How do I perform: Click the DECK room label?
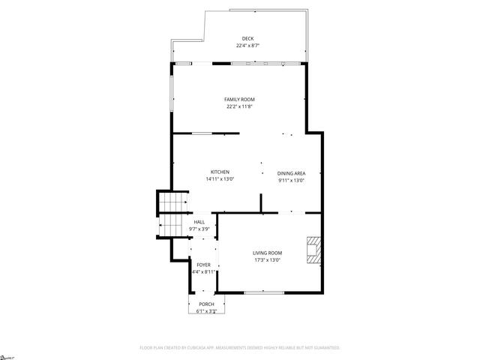click(x=247, y=39)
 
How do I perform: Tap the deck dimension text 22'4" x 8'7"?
click(x=247, y=46)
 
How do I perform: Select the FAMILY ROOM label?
click(x=240, y=100)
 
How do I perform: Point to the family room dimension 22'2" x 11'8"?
click(x=240, y=106)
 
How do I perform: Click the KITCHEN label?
click(x=220, y=172)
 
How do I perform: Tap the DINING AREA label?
click(x=291, y=173)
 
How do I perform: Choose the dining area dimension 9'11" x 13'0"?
click(x=291, y=180)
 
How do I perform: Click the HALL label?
click(x=199, y=222)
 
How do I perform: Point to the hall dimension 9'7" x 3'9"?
click(x=199, y=229)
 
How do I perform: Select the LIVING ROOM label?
click(x=267, y=253)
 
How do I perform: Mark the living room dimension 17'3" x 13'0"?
click(x=267, y=260)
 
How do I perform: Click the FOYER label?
click(x=203, y=265)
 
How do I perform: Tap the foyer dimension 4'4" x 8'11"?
click(x=204, y=271)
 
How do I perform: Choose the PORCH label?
click(x=206, y=304)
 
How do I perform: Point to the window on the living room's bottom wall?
click(x=264, y=291)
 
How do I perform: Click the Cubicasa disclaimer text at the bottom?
click(x=240, y=348)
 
